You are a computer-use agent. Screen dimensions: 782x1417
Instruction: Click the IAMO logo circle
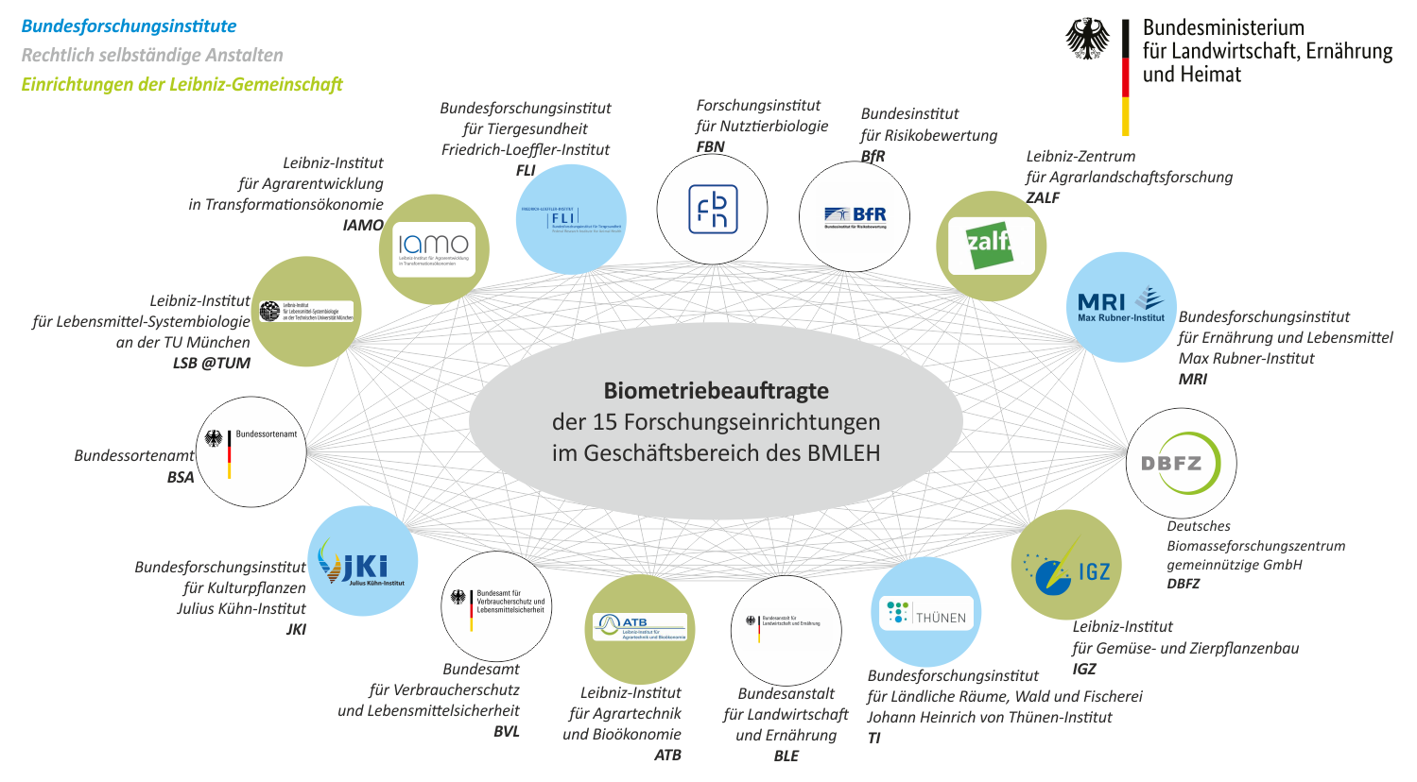[x=434, y=249]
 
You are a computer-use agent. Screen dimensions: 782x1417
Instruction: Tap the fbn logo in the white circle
[x=712, y=210]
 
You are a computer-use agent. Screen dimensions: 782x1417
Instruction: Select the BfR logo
[x=855, y=216]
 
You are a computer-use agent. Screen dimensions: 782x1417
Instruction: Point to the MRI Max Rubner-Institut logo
[x=1121, y=306]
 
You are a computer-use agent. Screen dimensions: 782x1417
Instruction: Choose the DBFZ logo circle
[x=1181, y=464]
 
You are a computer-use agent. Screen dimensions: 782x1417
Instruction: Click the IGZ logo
[x=1066, y=566]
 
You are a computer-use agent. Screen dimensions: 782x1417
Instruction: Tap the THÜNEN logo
[x=926, y=613]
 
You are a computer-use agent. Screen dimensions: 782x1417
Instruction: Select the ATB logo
[x=640, y=628]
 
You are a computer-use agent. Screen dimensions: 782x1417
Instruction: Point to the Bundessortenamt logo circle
[x=251, y=451]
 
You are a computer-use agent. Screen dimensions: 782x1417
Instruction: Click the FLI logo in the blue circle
[x=571, y=220]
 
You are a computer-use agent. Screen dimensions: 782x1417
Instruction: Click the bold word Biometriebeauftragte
[x=716, y=391]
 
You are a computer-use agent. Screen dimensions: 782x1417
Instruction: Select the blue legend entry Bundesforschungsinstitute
[x=129, y=26]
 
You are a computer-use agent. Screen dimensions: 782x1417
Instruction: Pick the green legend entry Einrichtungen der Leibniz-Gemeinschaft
[x=181, y=84]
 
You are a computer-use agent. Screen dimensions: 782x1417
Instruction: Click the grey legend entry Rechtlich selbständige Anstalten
[x=152, y=55]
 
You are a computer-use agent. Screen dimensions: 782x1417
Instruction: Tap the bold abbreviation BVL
[x=507, y=732]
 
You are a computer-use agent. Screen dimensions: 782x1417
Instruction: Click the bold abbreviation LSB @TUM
[x=211, y=363]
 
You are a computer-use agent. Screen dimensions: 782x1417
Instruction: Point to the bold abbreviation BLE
[x=786, y=756]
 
